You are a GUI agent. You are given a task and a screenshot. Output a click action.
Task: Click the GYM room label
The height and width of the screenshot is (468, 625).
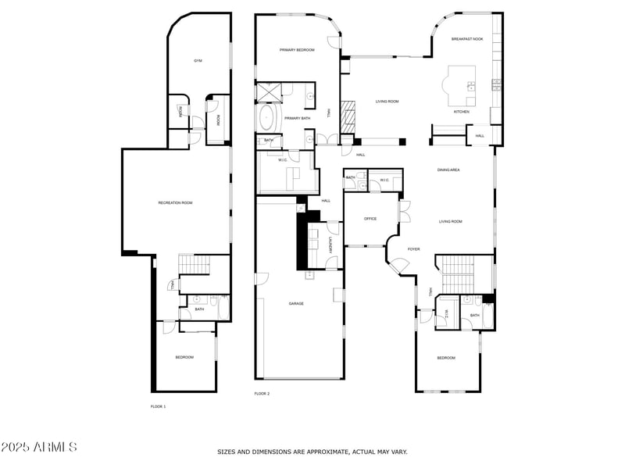coord(198,61)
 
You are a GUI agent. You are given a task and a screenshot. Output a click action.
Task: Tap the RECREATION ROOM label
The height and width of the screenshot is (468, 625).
coord(175,203)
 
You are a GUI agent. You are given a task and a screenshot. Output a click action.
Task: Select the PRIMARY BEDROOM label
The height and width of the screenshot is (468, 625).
coord(297,50)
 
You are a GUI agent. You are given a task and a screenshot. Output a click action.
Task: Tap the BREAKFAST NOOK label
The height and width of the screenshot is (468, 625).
coord(467,39)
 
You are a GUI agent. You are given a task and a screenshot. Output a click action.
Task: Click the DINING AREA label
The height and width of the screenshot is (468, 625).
coord(448,170)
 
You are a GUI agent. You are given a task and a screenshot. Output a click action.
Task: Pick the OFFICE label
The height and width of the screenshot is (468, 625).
coord(370,219)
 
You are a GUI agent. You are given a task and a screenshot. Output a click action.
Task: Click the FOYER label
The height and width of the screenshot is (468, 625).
coord(413,249)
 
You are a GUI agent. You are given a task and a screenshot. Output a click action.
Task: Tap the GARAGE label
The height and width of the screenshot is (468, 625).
coord(296,303)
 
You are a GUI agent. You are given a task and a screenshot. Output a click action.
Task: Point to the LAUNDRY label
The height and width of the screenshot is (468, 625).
coord(331,245)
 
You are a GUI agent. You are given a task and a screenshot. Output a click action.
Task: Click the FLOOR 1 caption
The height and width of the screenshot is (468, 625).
coord(158,406)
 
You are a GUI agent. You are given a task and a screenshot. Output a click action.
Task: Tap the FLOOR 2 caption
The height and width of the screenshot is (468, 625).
coord(262,394)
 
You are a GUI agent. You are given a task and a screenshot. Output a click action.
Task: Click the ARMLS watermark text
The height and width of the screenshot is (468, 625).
coord(39,448)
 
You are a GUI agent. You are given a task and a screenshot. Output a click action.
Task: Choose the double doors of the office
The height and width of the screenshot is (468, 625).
coord(403,212)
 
